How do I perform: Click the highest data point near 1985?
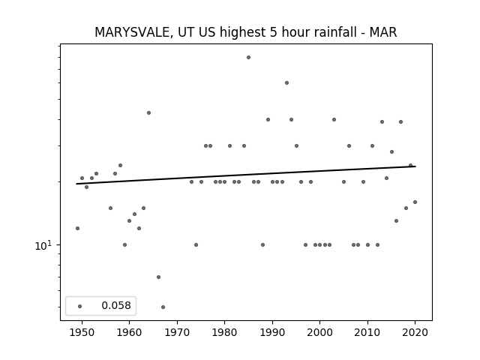pyautogui.click(x=248, y=57)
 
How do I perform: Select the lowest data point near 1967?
pyautogui.click(x=163, y=307)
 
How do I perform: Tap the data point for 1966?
pyautogui.click(x=158, y=277)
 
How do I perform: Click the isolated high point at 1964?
pyautogui.click(x=148, y=113)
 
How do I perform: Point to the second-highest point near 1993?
pyautogui.click(x=286, y=83)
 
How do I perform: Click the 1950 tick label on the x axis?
pyautogui.click(x=82, y=332)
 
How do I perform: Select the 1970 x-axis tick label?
pyautogui.click(x=177, y=332)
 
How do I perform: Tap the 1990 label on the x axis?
pyautogui.click(x=272, y=332)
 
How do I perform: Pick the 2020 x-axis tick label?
pyautogui.click(x=415, y=332)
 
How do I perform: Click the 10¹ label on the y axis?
pyautogui.click(x=43, y=245)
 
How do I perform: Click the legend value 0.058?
pyautogui.click(x=116, y=305)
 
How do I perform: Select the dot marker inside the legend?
pyautogui.click(x=80, y=306)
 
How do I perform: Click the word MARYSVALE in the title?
pyautogui.click(x=132, y=32)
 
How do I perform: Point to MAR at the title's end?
pyautogui.click(x=383, y=32)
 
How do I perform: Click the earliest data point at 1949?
pyautogui.click(x=77, y=228)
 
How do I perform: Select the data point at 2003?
pyautogui.click(x=334, y=120)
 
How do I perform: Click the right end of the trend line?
pyautogui.click(x=415, y=166)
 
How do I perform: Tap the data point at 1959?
pyautogui.click(x=125, y=245)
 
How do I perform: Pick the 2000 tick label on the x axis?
pyautogui.click(x=320, y=332)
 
